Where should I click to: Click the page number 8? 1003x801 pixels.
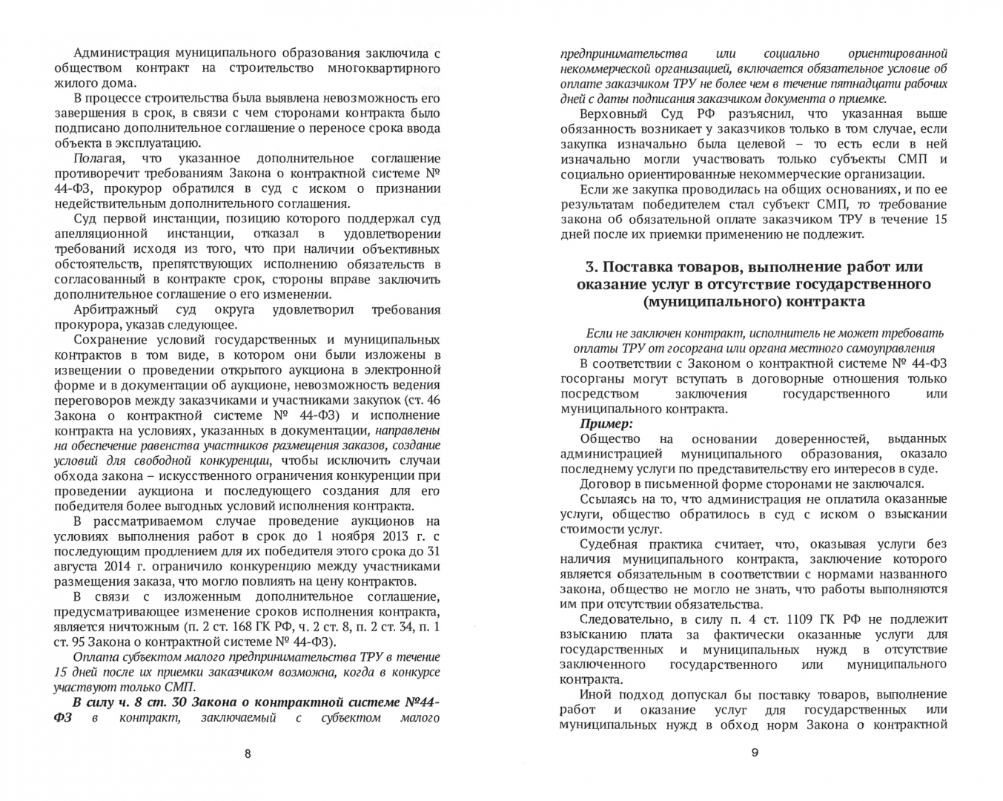coord(248,754)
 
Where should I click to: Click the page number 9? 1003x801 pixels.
coord(755,754)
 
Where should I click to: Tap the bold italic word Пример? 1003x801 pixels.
coord(606,424)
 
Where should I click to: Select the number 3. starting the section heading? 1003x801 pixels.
coord(591,267)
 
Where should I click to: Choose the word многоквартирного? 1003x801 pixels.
coord(383,68)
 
